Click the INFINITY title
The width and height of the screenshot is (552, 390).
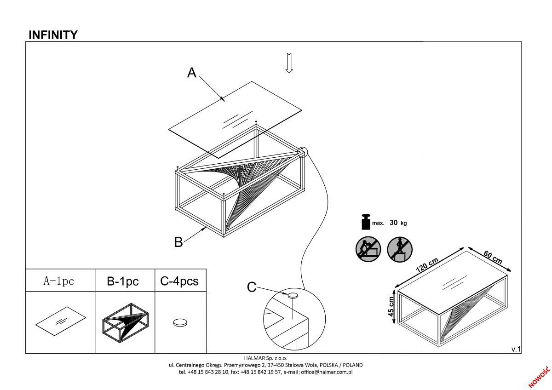(53, 35)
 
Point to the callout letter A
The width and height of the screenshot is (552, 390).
(192, 73)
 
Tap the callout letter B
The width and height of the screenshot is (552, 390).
(178, 242)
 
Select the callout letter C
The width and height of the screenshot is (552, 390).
(252, 287)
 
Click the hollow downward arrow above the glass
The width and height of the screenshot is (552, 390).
(289, 63)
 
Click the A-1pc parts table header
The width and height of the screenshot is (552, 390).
(59, 281)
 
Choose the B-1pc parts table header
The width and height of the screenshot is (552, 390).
(123, 281)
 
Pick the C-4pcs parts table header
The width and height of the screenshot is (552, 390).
(179, 281)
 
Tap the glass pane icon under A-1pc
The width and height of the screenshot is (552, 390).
(61, 321)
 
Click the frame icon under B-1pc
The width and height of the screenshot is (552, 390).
(126, 322)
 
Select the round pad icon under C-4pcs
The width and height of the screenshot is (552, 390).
(180, 323)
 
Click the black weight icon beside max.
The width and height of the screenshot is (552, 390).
(366, 222)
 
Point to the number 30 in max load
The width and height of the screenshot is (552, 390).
(394, 223)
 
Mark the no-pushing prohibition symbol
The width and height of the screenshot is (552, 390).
(368, 249)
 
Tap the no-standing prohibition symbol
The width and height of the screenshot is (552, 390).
(400, 249)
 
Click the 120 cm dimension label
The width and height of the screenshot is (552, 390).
(427, 265)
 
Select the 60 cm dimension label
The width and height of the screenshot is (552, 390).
(493, 258)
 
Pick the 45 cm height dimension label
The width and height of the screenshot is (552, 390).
(391, 306)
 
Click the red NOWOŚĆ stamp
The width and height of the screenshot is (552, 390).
(540, 377)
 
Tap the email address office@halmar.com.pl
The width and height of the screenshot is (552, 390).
(327, 372)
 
